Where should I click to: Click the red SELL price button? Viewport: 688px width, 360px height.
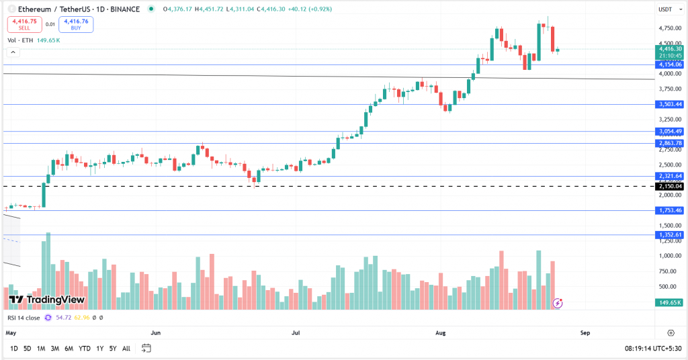[24, 25]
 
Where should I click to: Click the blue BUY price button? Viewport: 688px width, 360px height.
[75, 25]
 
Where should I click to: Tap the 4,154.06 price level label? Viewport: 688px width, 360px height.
[670, 64]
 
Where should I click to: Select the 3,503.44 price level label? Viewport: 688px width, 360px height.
[670, 104]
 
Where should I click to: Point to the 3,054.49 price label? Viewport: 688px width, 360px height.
[670, 131]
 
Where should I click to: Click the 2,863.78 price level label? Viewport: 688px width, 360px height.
[670, 143]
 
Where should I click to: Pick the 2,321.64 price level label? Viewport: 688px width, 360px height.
[670, 176]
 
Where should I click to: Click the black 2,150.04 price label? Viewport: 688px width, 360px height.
[670, 186]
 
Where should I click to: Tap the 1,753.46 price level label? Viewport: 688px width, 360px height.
[670, 210]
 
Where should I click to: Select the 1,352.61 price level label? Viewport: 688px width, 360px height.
[670, 234]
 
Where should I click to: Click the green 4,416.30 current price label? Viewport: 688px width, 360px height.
[670, 49]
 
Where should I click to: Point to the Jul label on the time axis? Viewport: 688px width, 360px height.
[296, 332]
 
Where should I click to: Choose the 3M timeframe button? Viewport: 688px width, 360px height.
[55, 349]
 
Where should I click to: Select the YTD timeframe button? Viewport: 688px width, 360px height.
[85, 349]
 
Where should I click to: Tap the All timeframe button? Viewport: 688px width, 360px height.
[126, 349]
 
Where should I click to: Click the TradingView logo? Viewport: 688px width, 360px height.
[46, 300]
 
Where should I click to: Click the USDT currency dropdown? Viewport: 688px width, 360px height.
[666, 9]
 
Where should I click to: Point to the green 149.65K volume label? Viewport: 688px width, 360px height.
[670, 303]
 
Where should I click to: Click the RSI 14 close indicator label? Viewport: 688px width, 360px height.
[24, 318]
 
